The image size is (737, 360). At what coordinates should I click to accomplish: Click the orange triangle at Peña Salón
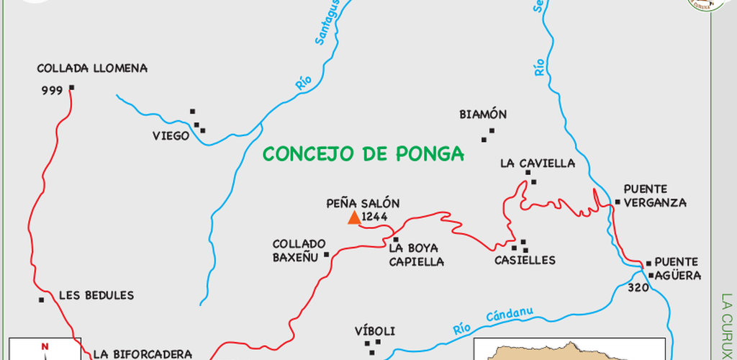[353, 217]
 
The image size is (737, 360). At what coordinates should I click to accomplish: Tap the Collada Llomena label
[92, 69]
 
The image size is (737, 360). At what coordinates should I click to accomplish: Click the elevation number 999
[53, 91]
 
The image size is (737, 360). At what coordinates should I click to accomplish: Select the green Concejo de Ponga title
[363, 153]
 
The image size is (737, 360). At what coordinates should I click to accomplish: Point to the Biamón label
[483, 114]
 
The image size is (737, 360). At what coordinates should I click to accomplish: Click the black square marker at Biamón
[492, 131]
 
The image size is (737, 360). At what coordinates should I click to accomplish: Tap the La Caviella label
[538, 163]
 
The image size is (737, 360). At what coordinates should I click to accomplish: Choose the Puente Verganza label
[655, 196]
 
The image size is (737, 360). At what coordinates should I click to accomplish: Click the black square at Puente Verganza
[617, 202]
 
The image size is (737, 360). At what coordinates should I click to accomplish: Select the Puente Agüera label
[674, 269]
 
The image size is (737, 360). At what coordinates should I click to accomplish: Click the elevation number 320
[638, 287]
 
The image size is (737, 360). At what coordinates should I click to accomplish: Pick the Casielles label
[525, 260]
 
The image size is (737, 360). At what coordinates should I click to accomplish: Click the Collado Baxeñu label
[299, 250]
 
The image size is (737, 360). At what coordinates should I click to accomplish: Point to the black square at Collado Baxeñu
[326, 254]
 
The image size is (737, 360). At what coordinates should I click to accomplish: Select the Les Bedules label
[96, 295]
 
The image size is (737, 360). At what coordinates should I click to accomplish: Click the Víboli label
[375, 331]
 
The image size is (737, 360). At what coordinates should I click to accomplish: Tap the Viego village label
[171, 135]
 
